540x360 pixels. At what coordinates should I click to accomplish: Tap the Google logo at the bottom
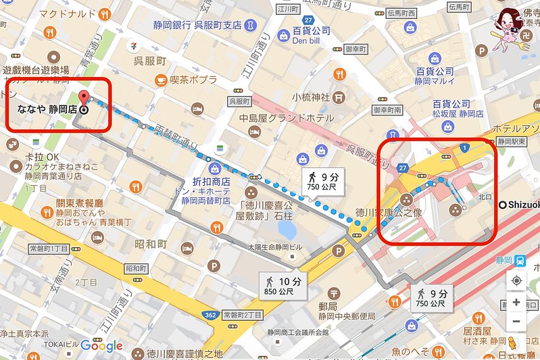click(101, 346)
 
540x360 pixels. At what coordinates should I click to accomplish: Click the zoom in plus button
click(516, 302)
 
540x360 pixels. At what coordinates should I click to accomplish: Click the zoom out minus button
click(516, 321)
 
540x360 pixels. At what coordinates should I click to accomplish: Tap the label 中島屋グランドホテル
click(290, 118)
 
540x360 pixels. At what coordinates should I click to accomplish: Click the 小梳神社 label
click(311, 97)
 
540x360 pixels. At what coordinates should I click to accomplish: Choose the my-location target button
click(516, 280)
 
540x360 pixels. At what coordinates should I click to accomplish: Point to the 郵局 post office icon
click(334, 294)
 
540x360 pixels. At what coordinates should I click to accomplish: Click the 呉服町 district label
click(149, 61)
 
